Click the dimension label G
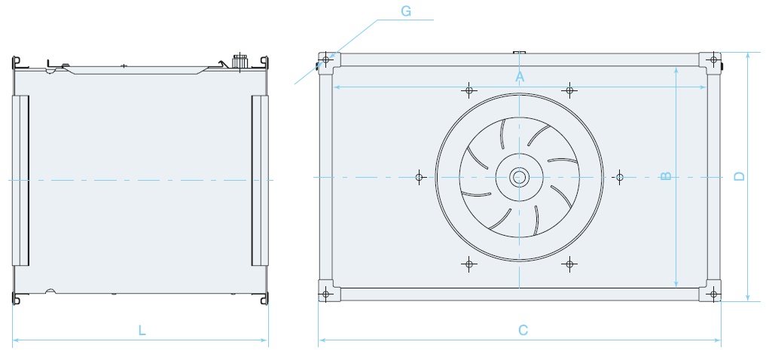click(406, 11)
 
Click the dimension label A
click(519, 77)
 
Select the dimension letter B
click(666, 177)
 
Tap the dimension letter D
click(740, 177)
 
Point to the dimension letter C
click(523, 330)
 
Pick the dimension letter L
click(141, 330)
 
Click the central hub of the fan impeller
click(519, 177)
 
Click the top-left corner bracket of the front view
click(326, 59)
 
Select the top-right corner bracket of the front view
click(713, 59)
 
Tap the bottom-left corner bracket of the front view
click(326, 293)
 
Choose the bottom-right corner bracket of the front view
click(713, 293)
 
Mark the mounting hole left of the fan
click(420, 177)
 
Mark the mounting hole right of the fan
click(620, 177)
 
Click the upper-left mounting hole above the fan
click(469, 90)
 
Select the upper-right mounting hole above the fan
click(570, 90)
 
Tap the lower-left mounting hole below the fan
click(469, 264)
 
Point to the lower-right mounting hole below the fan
click(570, 264)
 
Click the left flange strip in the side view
click(20, 180)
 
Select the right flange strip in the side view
click(260, 180)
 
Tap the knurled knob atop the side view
click(241, 60)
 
